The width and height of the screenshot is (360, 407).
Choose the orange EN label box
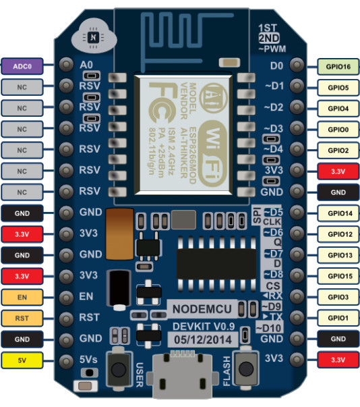(22, 296)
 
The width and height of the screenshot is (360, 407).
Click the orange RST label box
(22, 317)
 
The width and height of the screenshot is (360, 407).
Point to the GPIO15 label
(338, 275)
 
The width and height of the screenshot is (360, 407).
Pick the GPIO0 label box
(338, 128)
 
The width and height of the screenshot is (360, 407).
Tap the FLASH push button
(247, 369)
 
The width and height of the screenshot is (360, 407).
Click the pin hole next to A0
(66, 65)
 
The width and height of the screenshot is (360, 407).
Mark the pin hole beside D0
(296, 65)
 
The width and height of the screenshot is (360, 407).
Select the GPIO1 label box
(338, 317)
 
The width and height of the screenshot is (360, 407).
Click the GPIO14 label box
(338, 213)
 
